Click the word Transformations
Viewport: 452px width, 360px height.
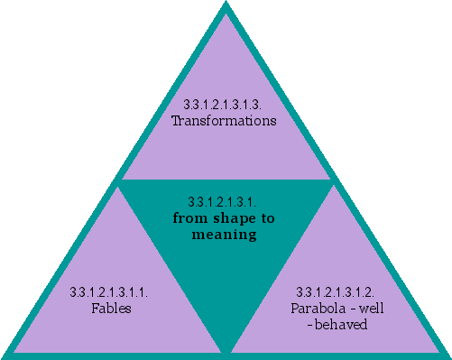pyautogui.click(x=224, y=120)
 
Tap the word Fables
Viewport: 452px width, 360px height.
pyautogui.click(x=112, y=308)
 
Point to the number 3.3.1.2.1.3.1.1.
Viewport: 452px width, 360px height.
pyautogui.click(x=109, y=293)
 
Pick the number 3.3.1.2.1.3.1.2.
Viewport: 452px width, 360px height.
pyautogui.click(x=337, y=293)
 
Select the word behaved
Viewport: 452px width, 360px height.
pyautogui.click(x=344, y=323)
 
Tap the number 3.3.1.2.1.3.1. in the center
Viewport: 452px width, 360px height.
pyautogui.click(x=225, y=202)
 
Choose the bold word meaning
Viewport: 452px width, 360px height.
pyautogui.click(x=225, y=235)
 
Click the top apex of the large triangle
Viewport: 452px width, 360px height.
pyautogui.click(x=225, y=5)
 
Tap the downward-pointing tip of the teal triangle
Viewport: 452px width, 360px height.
pyautogui.click(x=226, y=350)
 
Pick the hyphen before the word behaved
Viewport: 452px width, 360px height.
pyautogui.click(x=311, y=323)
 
